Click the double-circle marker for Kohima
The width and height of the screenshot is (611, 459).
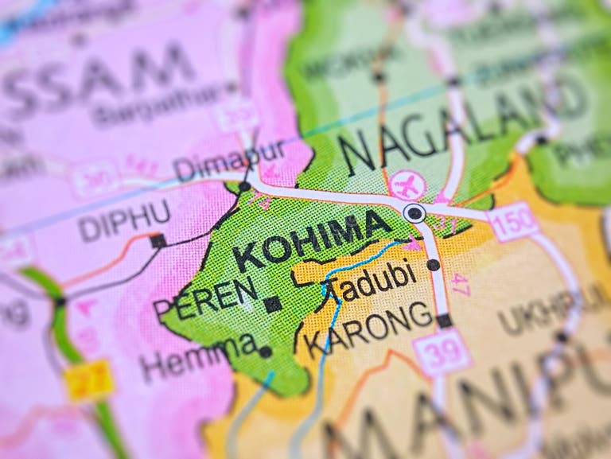click(414, 212)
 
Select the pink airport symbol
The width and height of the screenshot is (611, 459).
click(408, 185)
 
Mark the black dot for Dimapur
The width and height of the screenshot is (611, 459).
click(244, 186)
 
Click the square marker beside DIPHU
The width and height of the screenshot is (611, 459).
click(158, 241)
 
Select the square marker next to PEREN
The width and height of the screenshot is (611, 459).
click(272, 304)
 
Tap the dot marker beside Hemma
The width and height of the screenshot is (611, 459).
click(265, 351)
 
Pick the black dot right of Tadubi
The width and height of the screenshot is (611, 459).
click(433, 265)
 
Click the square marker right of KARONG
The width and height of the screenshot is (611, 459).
click(444, 321)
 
